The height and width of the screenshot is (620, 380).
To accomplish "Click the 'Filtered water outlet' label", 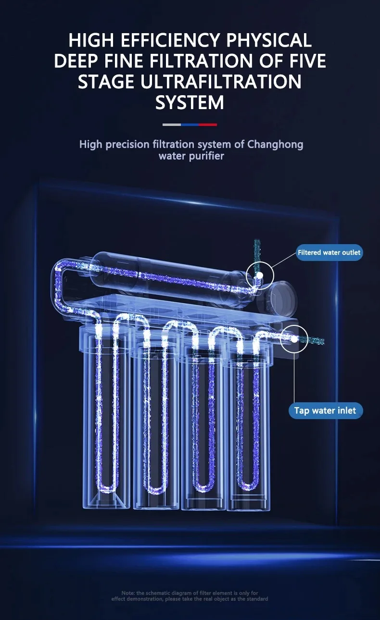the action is [x=329, y=252].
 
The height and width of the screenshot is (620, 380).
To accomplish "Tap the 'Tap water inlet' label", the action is [x=325, y=410].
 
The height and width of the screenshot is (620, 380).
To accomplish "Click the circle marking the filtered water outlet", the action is [x=260, y=276].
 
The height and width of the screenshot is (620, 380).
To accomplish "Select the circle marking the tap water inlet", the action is [x=293, y=339].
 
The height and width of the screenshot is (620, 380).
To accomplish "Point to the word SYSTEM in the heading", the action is [x=190, y=102].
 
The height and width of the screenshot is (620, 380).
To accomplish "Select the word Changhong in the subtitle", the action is [x=275, y=144].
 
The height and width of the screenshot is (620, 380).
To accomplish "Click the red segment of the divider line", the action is [x=208, y=124].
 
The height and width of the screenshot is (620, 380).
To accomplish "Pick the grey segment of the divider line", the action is [x=171, y=124].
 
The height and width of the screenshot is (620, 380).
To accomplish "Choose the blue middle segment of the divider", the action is [x=190, y=124].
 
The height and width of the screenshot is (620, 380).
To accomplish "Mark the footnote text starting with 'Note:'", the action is [x=190, y=596].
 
